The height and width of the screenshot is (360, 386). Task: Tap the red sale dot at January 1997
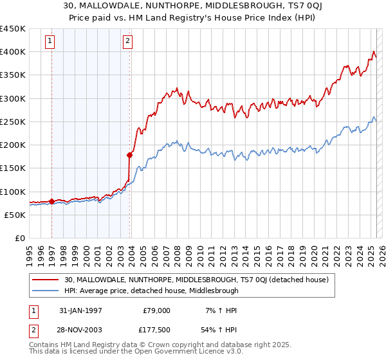(x=51, y=201)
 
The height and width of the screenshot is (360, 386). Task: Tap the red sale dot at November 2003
(x=129, y=155)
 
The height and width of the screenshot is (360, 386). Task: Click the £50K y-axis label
(x=15, y=215)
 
